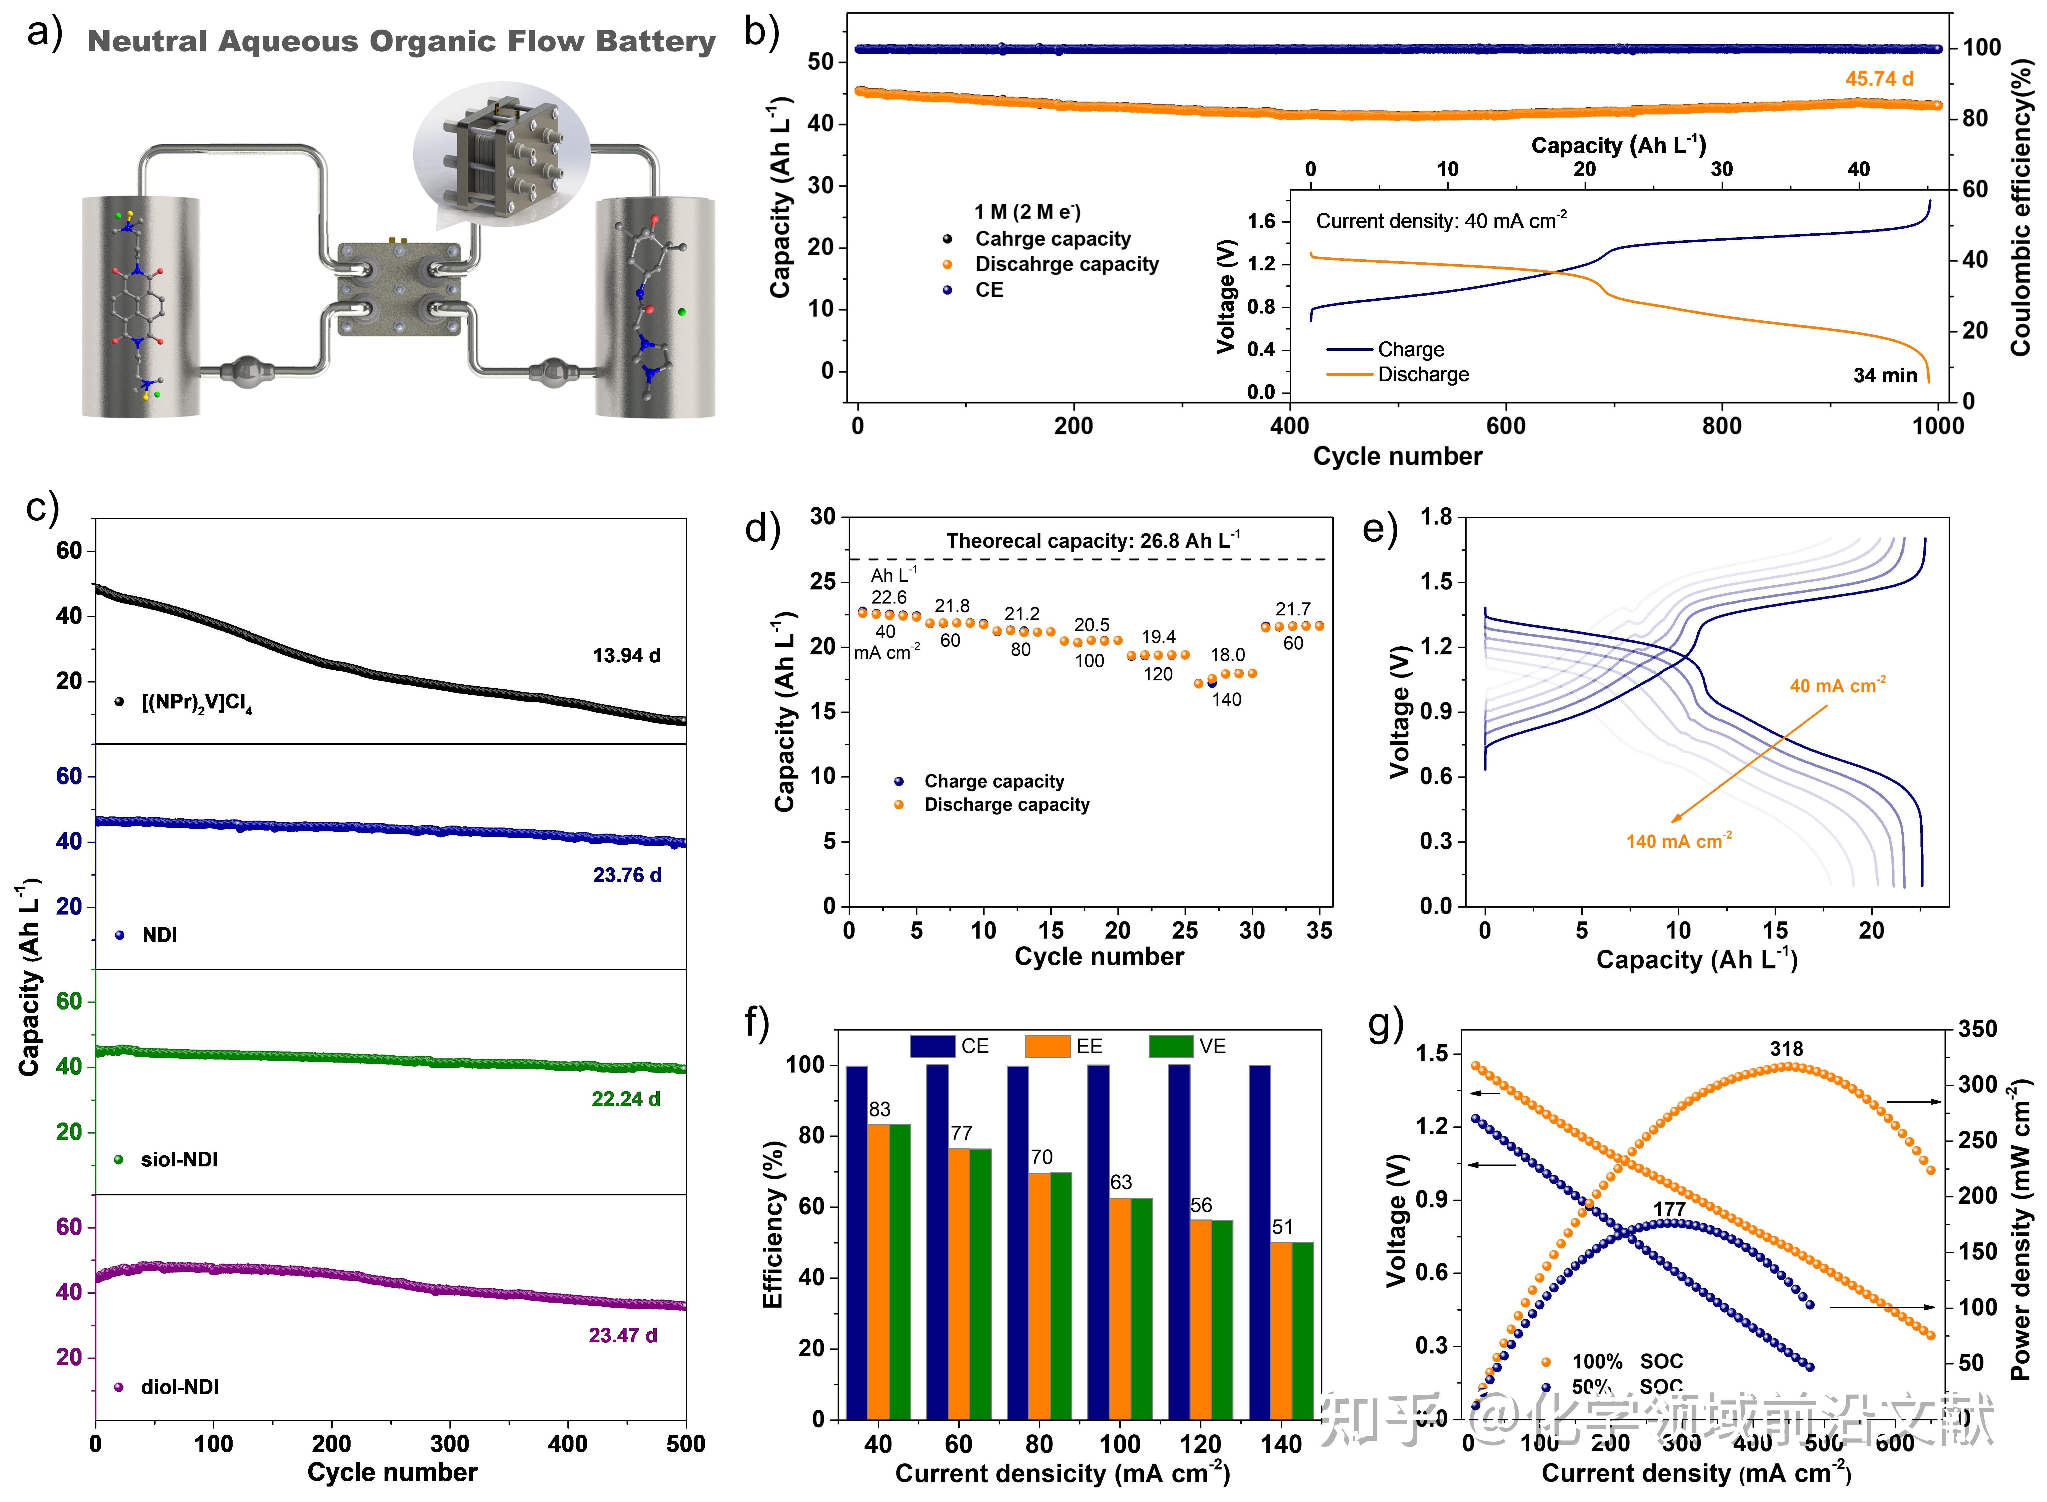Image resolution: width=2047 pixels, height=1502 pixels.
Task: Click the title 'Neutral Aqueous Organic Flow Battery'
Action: (401, 42)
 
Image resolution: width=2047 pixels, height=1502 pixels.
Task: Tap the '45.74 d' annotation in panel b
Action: (1879, 79)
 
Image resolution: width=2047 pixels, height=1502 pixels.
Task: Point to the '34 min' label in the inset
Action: (1885, 375)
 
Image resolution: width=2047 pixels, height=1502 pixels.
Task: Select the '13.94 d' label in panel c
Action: (627, 655)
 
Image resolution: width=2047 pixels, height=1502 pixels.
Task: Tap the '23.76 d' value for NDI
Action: (627, 875)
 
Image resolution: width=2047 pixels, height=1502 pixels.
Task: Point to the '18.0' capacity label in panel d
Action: (1227, 655)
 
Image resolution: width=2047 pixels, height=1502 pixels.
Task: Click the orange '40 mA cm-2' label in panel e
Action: (1837, 686)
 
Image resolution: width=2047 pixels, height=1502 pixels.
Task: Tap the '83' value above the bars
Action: (879, 1109)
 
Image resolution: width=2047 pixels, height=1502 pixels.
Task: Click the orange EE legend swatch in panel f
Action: (1047, 1047)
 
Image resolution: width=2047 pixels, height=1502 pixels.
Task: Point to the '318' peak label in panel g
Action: (1786, 1049)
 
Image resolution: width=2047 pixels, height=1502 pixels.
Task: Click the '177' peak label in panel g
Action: (1669, 1209)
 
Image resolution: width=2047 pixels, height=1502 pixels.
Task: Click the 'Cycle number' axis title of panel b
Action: (1397, 456)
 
